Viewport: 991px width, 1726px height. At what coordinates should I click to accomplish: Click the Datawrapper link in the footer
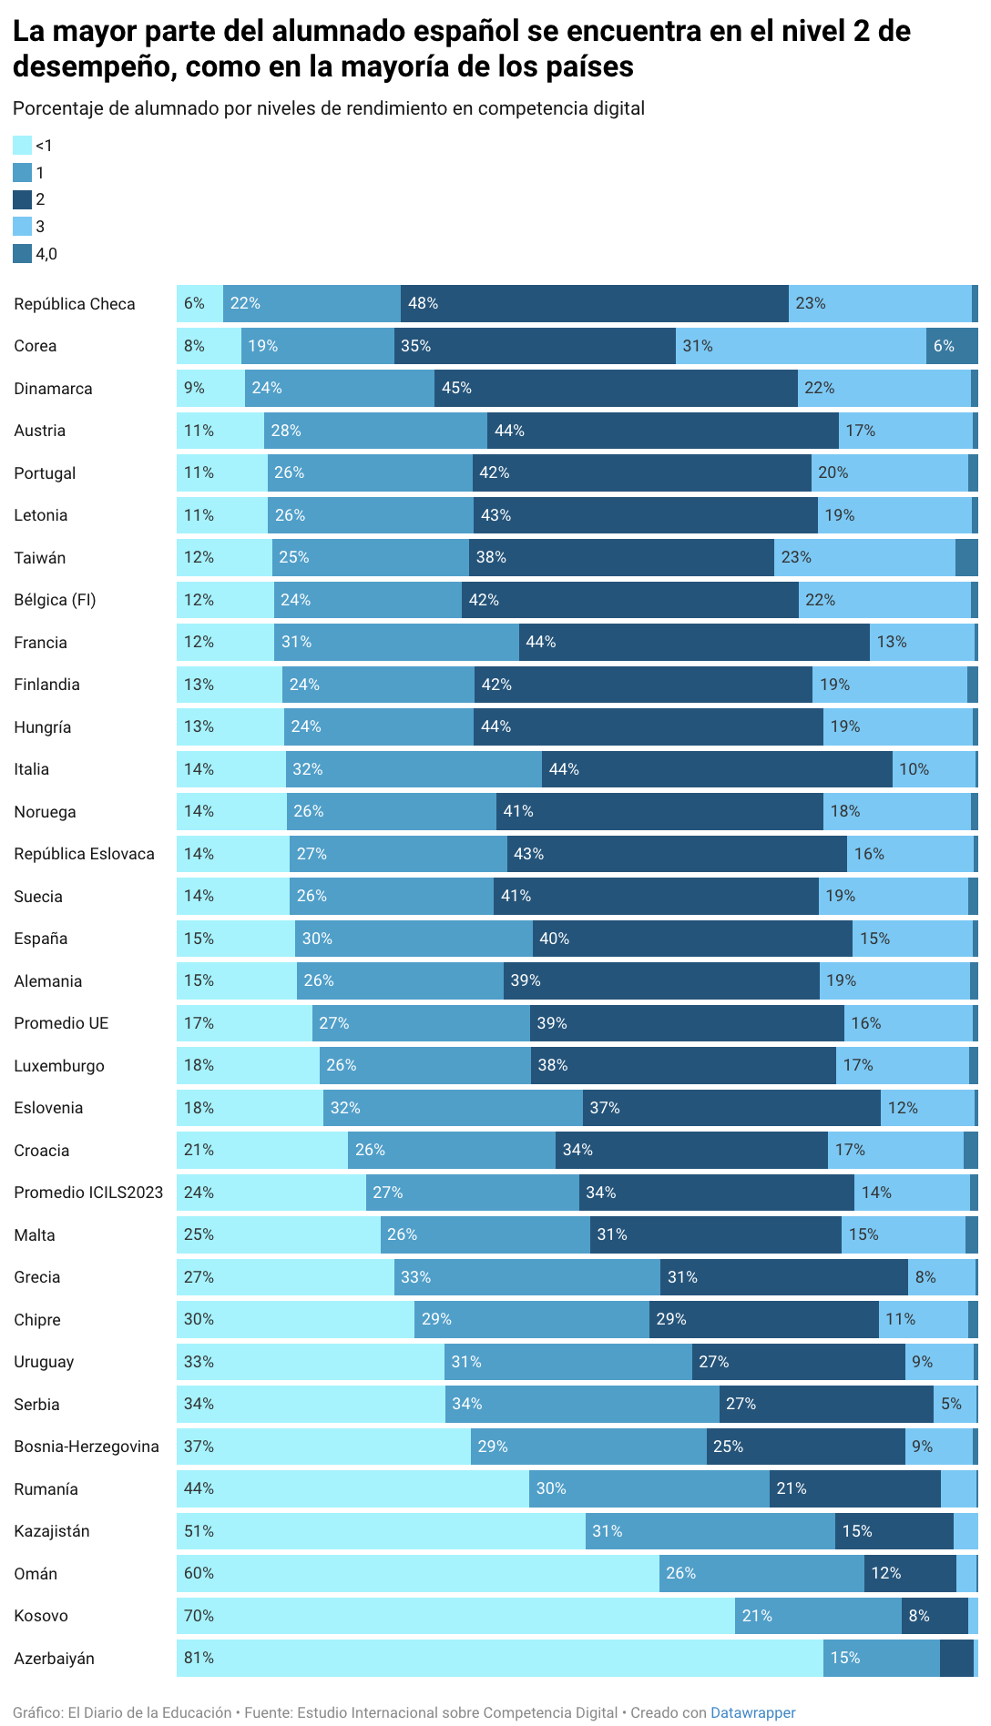752,1712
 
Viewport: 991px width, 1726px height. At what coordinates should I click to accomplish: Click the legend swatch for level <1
22,146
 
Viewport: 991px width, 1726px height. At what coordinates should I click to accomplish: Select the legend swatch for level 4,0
22,254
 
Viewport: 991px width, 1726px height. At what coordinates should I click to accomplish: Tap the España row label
41,939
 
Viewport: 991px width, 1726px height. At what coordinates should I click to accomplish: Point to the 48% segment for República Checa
594,304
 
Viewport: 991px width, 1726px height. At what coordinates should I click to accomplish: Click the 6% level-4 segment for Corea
952,346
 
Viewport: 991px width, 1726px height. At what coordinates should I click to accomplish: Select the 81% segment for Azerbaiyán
499,1659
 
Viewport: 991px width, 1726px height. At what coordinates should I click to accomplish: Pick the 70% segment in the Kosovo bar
455,1616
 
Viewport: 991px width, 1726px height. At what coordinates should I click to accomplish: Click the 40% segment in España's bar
692,939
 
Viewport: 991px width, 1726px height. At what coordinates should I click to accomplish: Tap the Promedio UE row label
61,1023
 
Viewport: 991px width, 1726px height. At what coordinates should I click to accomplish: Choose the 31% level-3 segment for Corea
801,346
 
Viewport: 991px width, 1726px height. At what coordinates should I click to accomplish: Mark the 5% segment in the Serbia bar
955,1404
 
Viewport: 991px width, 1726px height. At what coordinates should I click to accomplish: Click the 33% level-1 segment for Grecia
526,1277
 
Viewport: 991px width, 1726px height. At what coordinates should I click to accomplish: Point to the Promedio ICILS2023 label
88,1193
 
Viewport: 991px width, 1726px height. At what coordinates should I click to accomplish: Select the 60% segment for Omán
417,1574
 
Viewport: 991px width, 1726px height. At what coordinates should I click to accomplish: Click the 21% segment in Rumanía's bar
854,1489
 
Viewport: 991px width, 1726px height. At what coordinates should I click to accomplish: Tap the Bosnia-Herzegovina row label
87,1447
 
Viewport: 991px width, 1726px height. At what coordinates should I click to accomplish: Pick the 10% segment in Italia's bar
934,769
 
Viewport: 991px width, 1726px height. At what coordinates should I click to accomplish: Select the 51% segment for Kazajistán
381,1531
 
